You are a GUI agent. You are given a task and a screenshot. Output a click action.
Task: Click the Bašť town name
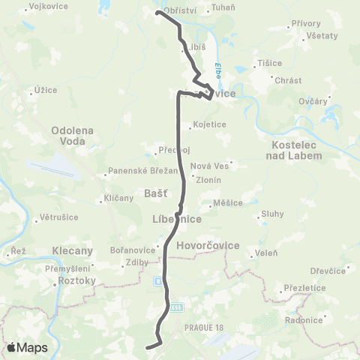pyautogui.click(x=149, y=193)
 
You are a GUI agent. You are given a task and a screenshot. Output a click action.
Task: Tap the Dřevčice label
pyautogui.click(x=329, y=271)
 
